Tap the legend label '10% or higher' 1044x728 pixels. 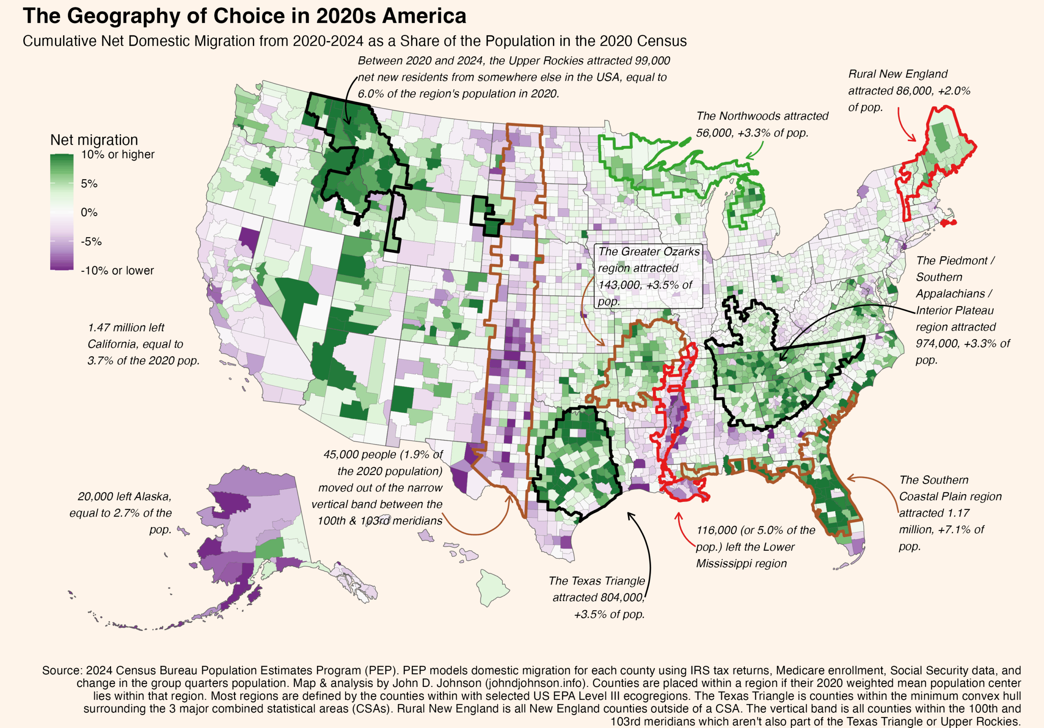pyautogui.click(x=117, y=154)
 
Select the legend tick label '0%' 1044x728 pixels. pyautogui.click(x=89, y=212)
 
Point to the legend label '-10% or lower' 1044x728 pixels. pyautogui.click(x=117, y=271)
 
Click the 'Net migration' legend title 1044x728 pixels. pyautogui.click(x=94, y=140)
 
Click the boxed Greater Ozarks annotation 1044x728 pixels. pyautogui.click(x=648, y=276)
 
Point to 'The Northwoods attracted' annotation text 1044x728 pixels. pyautogui.click(x=762, y=116)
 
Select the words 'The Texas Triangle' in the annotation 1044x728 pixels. pyautogui.click(x=596, y=581)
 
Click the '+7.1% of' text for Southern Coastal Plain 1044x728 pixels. pyautogui.click(x=964, y=530)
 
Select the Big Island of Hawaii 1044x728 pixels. pyautogui.click(x=493, y=589)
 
